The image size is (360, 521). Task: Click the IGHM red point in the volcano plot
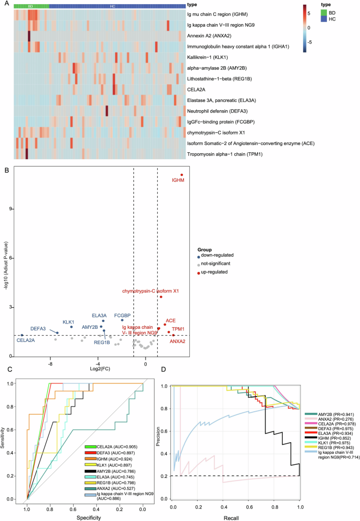(181, 175)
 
